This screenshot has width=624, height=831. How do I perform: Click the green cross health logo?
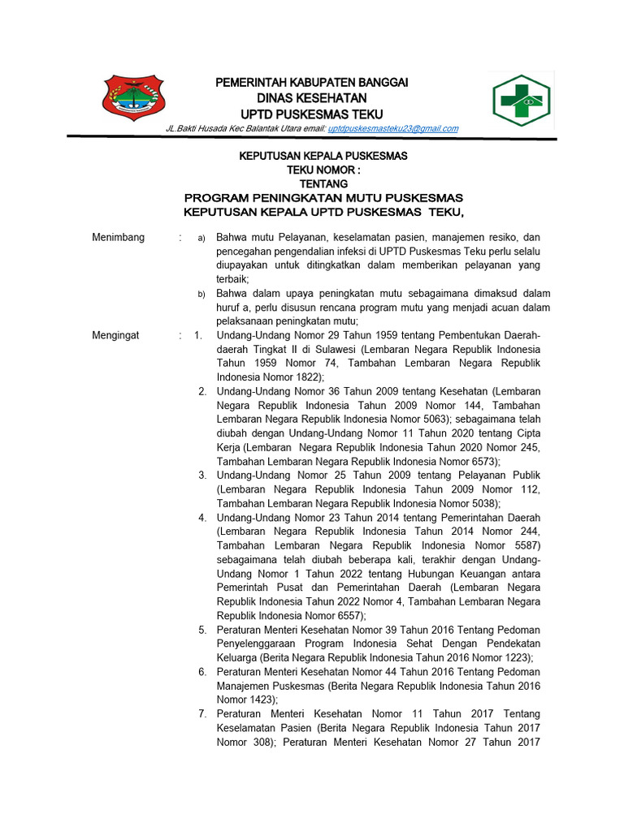(x=522, y=101)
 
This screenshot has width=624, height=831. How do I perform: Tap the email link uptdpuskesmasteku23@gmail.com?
(x=393, y=128)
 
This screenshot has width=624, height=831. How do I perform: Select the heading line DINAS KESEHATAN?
(x=310, y=98)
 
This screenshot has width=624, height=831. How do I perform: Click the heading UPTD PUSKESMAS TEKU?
(x=310, y=114)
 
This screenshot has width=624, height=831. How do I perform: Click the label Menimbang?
(x=119, y=238)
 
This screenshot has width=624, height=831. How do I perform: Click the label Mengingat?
(x=116, y=335)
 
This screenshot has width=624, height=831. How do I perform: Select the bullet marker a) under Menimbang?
(x=201, y=239)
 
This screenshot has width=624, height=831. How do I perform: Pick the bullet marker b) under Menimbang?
(x=201, y=294)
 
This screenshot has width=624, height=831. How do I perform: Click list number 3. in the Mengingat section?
(x=202, y=475)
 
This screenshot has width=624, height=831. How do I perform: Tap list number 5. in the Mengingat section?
(x=202, y=630)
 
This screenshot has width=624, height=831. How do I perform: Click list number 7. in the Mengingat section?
(x=202, y=714)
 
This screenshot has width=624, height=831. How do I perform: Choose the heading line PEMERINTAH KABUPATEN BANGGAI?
(x=310, y=83)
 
